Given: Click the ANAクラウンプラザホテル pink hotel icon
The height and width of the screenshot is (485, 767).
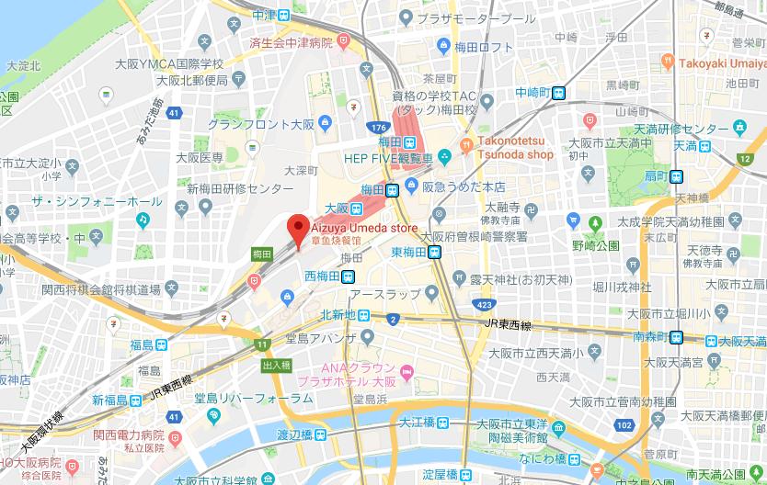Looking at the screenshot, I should click(x=406, y=370).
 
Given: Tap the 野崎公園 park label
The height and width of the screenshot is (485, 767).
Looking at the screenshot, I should click(x=596, y=246).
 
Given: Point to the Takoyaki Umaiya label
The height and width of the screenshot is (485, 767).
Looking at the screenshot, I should click(x=723, y=63).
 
